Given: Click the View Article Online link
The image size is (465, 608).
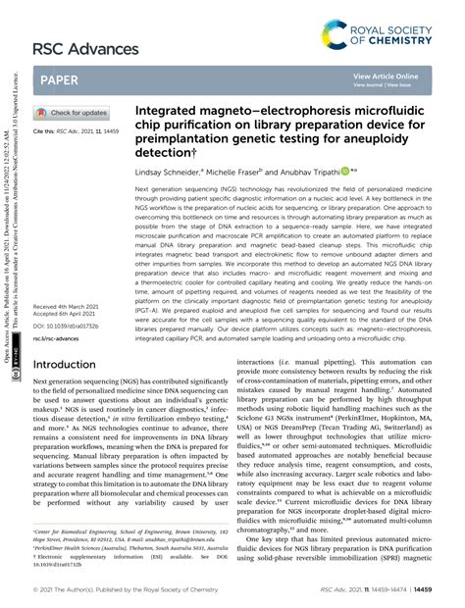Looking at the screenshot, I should [x=386, y=75].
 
